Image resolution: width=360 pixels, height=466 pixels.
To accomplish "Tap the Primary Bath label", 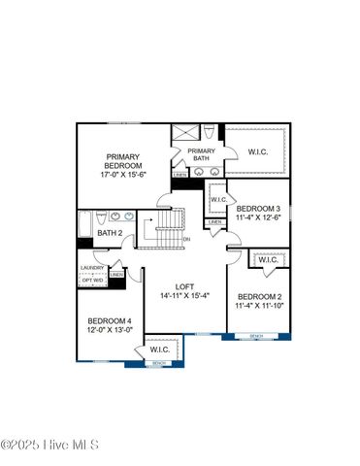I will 201,155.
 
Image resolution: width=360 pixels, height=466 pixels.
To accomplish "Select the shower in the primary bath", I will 184,134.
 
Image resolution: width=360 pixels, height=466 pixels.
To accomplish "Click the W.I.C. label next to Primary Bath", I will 257,151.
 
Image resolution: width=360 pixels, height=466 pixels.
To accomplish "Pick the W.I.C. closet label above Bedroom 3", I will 218,199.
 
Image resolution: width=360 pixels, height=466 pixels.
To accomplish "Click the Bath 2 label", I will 109,234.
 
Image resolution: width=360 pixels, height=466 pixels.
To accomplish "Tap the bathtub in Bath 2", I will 83,226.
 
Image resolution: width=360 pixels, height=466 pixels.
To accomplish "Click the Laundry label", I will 92,268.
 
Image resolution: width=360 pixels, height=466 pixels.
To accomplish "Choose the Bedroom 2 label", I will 259,297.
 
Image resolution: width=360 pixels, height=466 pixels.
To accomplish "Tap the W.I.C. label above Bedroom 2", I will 268,260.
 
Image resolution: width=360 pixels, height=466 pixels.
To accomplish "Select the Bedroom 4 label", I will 109,321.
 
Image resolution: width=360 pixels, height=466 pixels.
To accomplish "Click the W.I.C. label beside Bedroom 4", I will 159,349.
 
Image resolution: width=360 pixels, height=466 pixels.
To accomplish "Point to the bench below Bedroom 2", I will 256,337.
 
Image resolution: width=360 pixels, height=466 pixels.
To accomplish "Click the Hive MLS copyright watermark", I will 50,447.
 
